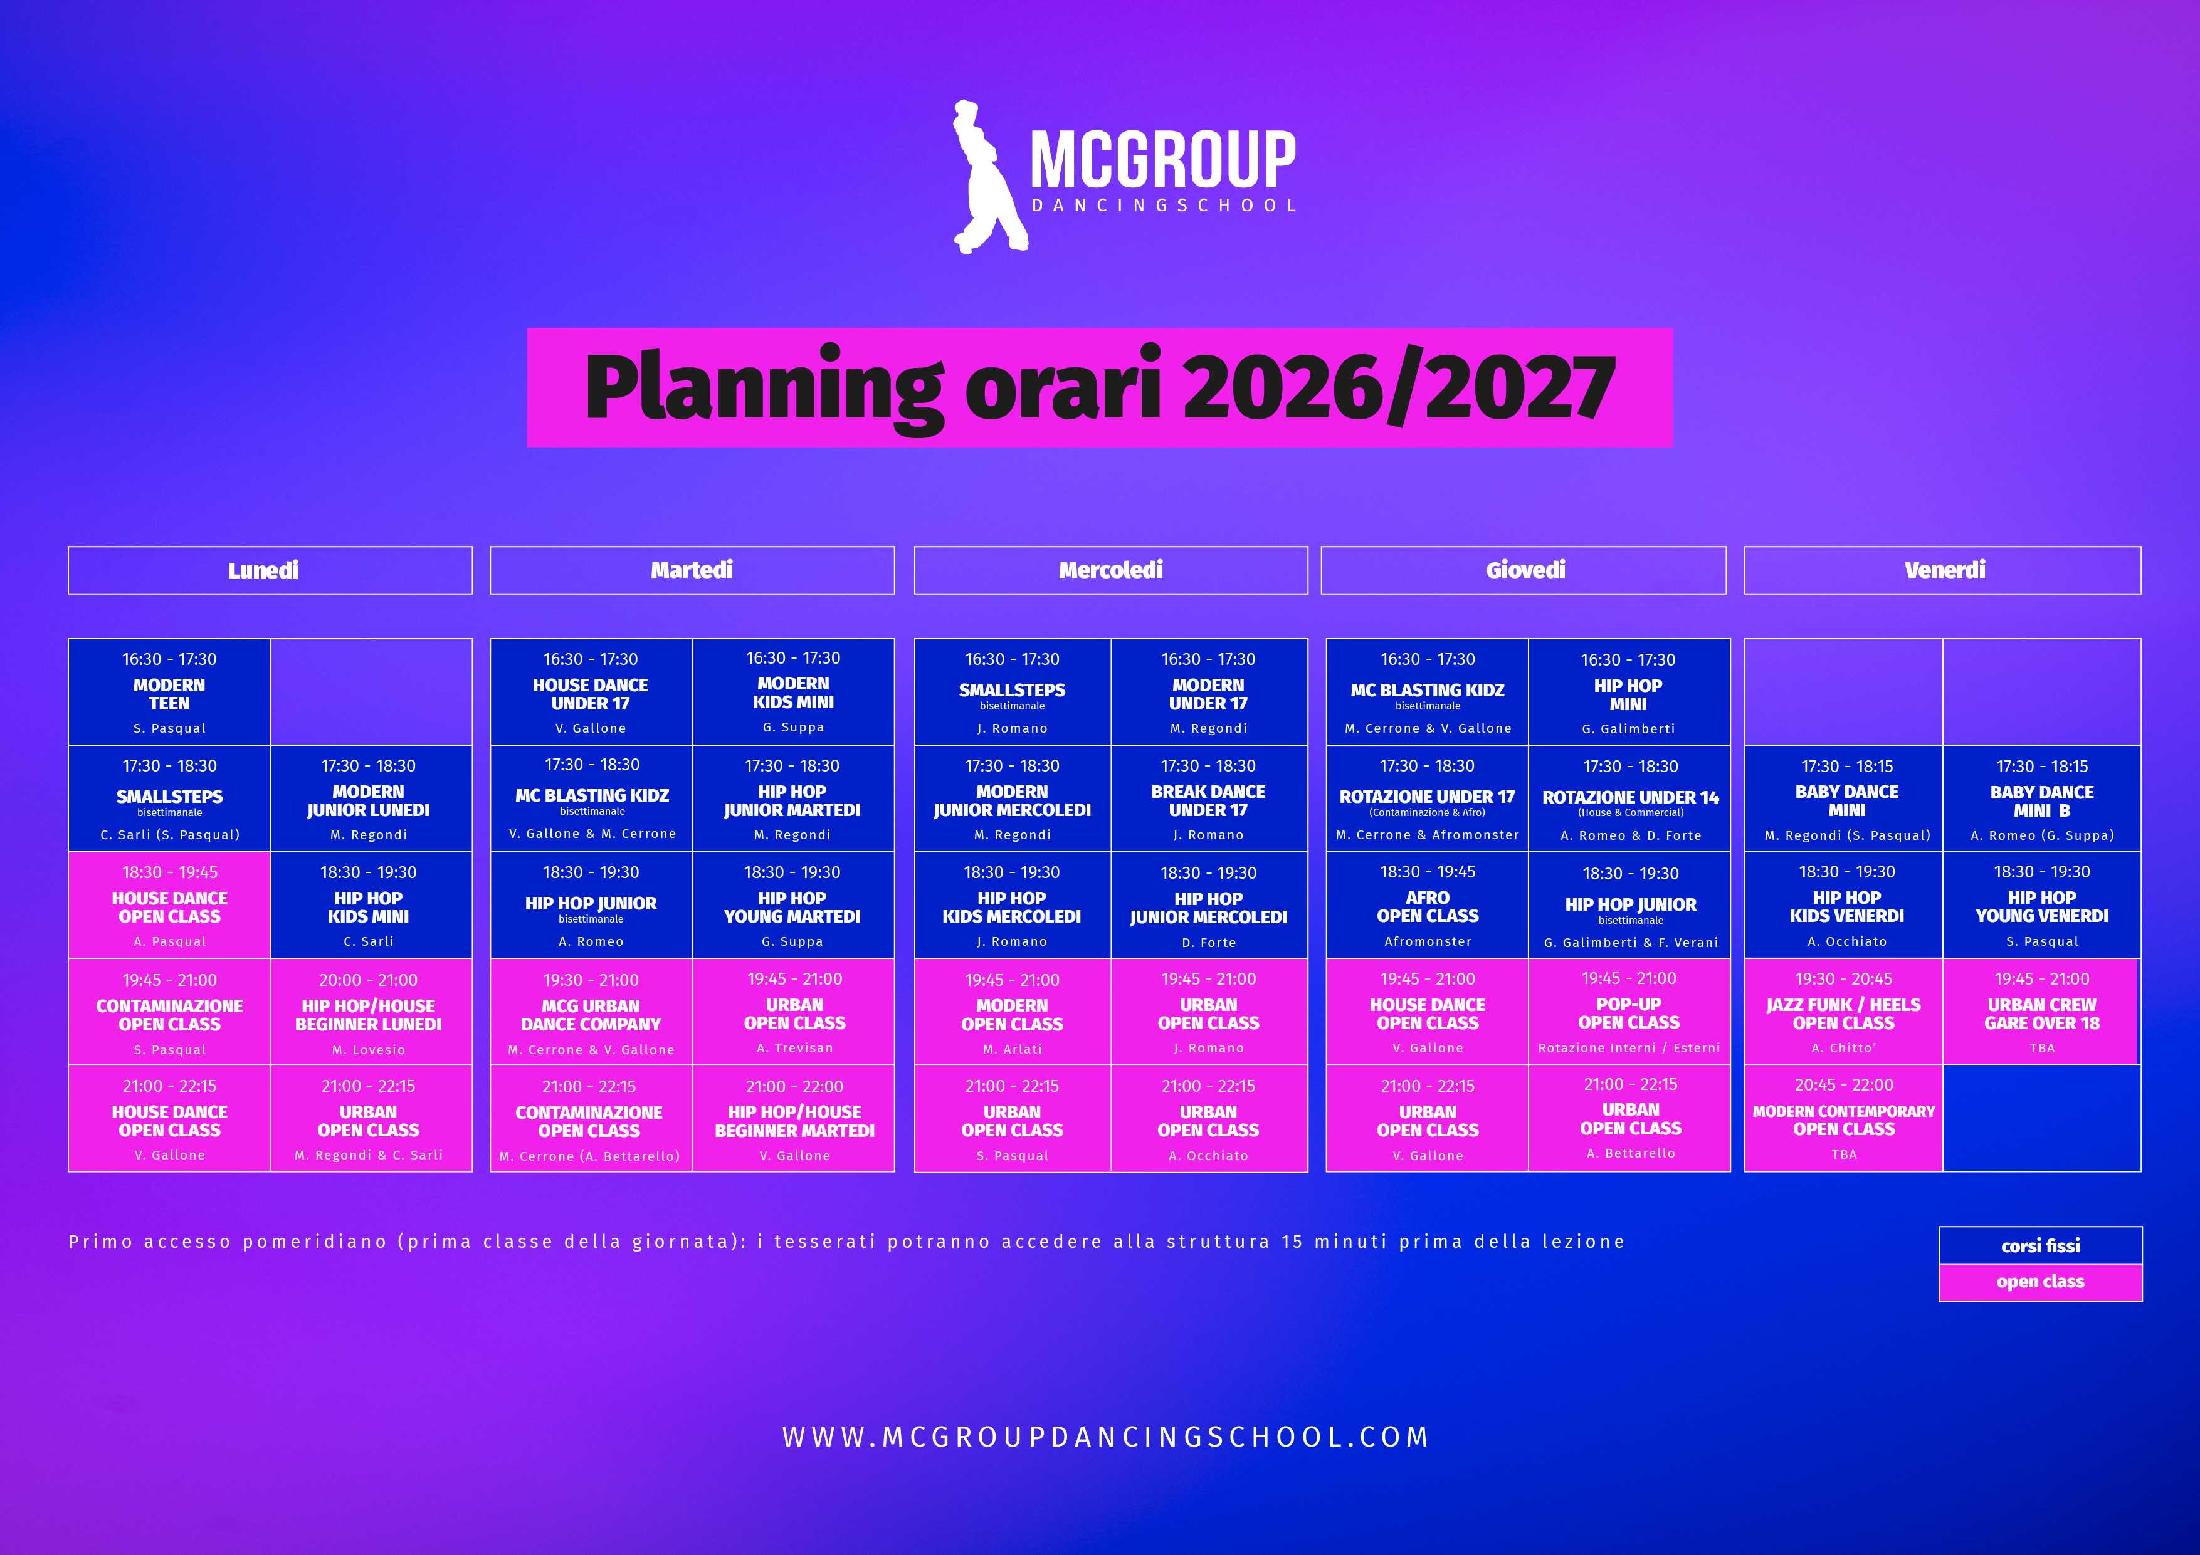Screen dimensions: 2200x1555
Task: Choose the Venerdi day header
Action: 1942,570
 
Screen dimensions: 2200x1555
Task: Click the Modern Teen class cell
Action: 170,692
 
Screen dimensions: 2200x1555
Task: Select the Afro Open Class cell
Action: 1428,904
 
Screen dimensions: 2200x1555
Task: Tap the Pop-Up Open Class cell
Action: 1629,1011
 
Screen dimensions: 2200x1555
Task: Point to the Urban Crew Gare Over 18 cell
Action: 2041,1011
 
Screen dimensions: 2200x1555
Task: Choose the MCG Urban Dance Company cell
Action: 591,1011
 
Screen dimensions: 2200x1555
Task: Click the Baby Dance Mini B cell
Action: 2042,798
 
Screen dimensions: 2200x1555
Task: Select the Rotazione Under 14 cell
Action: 1629,798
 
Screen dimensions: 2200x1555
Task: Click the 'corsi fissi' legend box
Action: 2040,1245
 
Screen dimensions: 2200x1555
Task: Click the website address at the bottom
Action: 1106,1437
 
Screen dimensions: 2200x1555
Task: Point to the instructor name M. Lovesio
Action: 369,1050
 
